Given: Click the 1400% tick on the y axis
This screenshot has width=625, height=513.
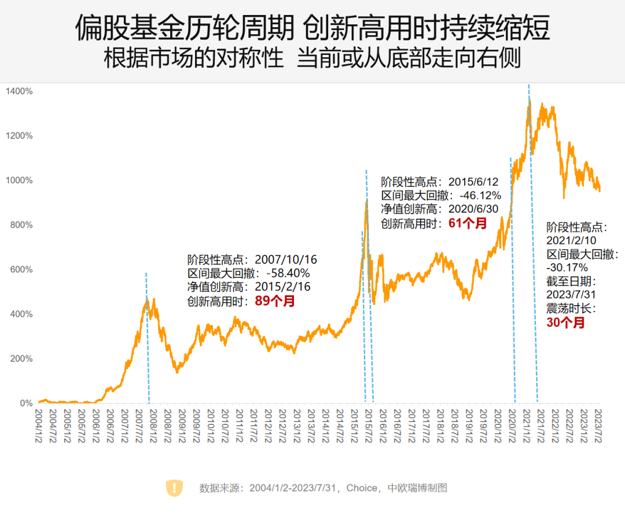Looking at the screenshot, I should click(x=20, y=91).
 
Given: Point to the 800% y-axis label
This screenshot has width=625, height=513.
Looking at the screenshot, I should click(x=21, y=225).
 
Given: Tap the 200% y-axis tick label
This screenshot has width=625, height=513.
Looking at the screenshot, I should click(x=21, y=359).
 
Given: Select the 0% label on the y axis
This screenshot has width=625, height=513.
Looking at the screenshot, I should click(x=27, y=404).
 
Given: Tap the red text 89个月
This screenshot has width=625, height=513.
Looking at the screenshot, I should click(x=275, y=301).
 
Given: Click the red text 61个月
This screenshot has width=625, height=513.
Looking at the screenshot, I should click(x=468, y=223).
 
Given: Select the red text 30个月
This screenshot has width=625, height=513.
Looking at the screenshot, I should click(x=565, y=323).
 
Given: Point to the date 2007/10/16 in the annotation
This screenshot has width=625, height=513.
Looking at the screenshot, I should click(x=286, y=259).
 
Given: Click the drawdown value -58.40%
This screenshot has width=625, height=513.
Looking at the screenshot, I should click(x=288, y=273).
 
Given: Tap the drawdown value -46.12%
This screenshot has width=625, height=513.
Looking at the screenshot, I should click(x=480, y=195).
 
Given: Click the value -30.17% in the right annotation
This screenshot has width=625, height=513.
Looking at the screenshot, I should click(x=567, y=268).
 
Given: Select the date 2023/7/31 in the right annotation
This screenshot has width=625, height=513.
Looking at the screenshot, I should click(x=571, y=295).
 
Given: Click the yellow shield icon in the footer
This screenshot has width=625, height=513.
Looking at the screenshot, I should click(x=174, y=488).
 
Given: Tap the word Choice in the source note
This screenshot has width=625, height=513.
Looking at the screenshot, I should click(x=362, y=488).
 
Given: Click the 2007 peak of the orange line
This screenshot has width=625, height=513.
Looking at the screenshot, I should click(x=147, y=300).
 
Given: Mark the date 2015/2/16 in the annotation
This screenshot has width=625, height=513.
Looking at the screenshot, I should click(x=283, y=287).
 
